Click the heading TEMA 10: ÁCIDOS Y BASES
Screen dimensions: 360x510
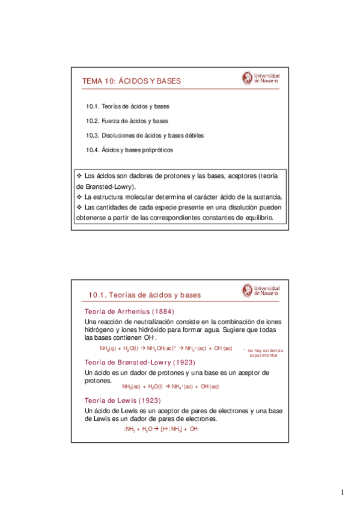(x=131, y=81)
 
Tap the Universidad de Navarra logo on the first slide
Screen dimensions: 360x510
(x=261, y=79)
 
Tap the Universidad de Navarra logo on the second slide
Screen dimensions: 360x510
(x=261, y=290)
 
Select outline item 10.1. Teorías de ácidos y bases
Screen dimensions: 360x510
(x=127, y=106)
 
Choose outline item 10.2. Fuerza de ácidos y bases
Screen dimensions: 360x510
(x=127, y=121)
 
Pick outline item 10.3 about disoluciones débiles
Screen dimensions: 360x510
(x=145, y=135)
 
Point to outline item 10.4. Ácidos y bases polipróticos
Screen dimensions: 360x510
(x=130, y=150)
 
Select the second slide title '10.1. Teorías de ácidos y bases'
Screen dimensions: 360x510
(x=144, y=295)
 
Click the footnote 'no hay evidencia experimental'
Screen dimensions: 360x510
(x=263, y=353)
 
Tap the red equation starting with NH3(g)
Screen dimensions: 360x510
(x=165, y=349)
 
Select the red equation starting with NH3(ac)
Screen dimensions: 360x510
(x=170, y=386)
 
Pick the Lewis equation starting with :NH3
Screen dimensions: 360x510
(x=160, y=429)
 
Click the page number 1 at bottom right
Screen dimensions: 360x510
(x=343, y=493)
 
